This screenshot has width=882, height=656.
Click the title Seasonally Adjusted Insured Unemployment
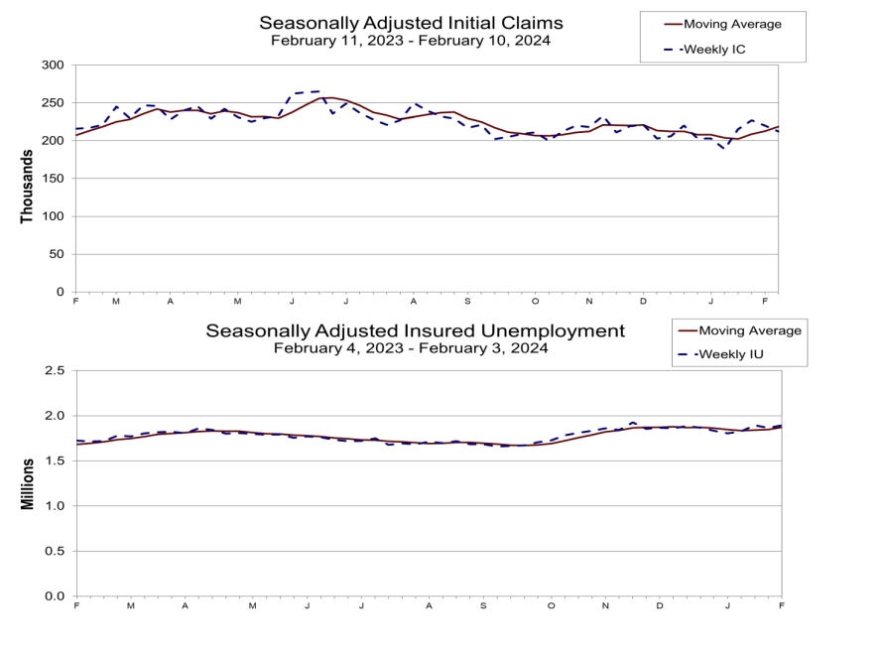[415, 330]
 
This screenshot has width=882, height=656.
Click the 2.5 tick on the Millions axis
[56, 370]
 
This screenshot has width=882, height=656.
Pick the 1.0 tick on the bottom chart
[56, 506]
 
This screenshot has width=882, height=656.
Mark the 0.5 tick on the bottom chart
[56, 551]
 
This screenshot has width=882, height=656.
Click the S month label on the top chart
[467, 301]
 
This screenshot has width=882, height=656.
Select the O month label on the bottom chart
[551, 604]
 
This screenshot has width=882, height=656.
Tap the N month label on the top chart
[589, 301]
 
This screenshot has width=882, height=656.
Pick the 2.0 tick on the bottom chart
[56, 416]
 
